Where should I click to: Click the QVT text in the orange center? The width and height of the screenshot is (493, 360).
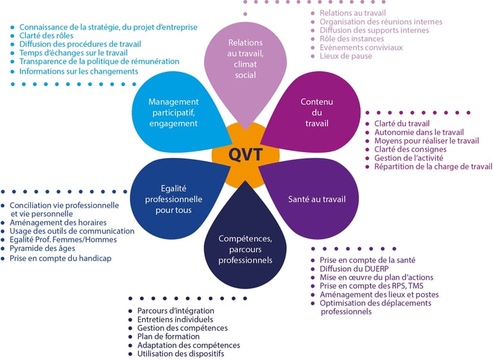[245, 155]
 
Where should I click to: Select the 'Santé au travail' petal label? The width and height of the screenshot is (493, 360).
[316, 199]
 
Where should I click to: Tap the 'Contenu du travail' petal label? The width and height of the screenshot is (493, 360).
[316, 112]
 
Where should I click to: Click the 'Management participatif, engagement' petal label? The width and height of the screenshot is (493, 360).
[173, 112]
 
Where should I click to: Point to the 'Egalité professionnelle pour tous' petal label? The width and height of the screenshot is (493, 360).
[173, 199]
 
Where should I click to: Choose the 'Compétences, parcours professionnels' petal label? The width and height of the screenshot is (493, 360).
[245, 250]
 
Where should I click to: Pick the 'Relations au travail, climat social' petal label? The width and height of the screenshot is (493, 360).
[245, 59]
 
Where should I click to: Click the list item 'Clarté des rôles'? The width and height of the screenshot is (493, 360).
[46, 35]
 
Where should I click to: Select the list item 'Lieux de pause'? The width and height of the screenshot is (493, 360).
[346, 56]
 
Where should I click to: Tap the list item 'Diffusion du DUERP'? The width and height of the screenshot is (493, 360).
[354, 269]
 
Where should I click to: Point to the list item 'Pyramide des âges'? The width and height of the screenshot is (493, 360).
[42, 248]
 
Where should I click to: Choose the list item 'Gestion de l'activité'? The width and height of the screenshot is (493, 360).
[408, 158]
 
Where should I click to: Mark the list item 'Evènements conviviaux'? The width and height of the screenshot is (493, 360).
[361, 47]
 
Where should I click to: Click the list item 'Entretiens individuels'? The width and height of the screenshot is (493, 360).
[175, 320]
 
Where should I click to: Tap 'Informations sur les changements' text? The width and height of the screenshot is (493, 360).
[78, 71]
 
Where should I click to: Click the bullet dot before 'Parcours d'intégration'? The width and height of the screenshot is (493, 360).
[130, 311]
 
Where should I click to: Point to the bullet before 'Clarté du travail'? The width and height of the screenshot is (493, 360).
[367, 124]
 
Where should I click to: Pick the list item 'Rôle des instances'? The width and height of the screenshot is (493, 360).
[352, 39]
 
